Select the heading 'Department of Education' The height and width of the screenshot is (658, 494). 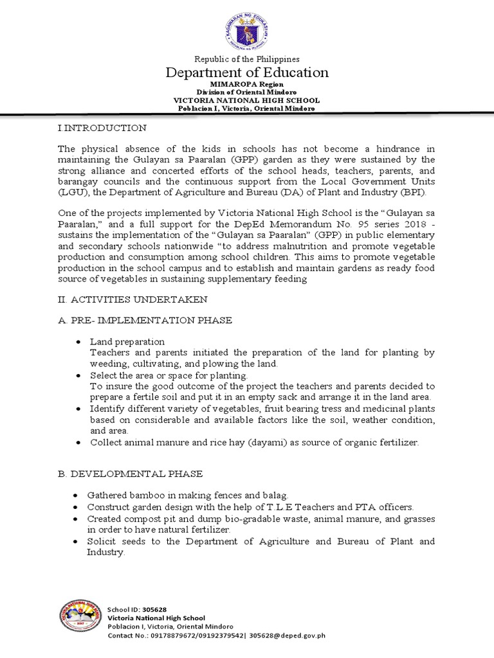247,73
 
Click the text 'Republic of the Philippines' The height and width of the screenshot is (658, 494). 247,59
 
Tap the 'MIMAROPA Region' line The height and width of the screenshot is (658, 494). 247,84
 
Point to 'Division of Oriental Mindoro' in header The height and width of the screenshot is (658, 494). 247,92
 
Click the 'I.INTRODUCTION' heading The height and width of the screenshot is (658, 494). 102,128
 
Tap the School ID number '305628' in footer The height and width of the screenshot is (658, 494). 152,609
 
